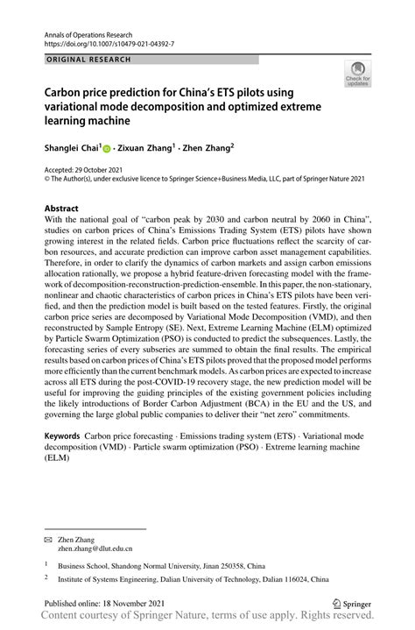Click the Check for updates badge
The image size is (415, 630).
[357, 75]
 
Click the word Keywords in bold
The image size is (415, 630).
[62, 435]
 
